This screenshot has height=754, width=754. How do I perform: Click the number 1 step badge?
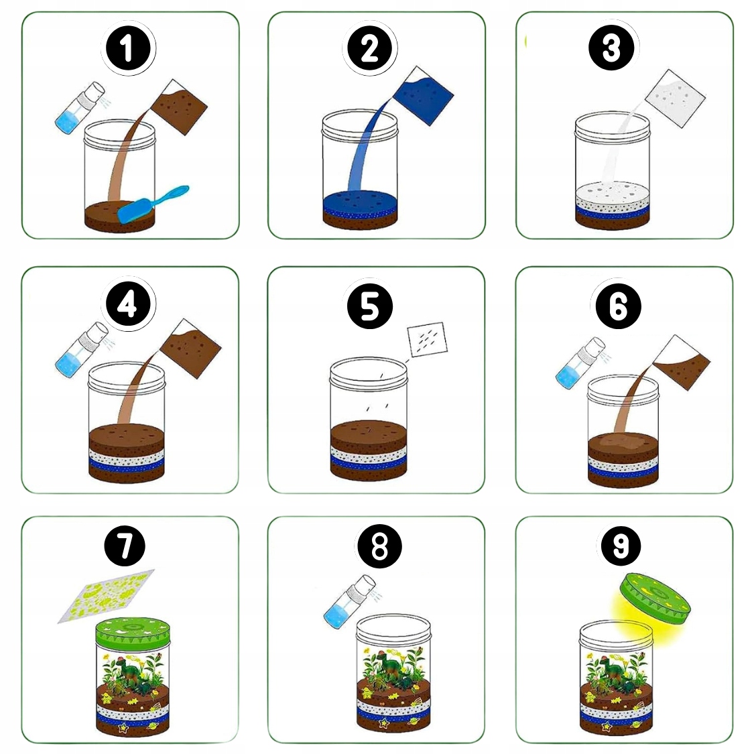tap(128, 48)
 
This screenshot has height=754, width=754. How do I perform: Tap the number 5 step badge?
tap(370, 306)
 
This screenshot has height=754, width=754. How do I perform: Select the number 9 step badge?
tap(621, 546)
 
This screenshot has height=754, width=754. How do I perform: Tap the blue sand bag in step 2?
tap(423, 96)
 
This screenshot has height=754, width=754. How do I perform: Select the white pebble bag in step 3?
tap(675, 99)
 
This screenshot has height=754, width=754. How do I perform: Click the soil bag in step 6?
tap(681, 362)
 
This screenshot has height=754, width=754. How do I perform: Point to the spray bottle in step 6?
tap(580, 363)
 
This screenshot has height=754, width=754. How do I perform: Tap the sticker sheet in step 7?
tap(107, 596)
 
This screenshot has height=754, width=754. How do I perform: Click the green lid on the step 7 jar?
tap(133, 632)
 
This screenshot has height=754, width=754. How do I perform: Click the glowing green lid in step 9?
tap(655, 599)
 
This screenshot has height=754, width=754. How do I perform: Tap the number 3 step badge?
tap(611, 48)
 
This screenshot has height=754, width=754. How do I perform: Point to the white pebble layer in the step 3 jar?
tap(613, 197)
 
